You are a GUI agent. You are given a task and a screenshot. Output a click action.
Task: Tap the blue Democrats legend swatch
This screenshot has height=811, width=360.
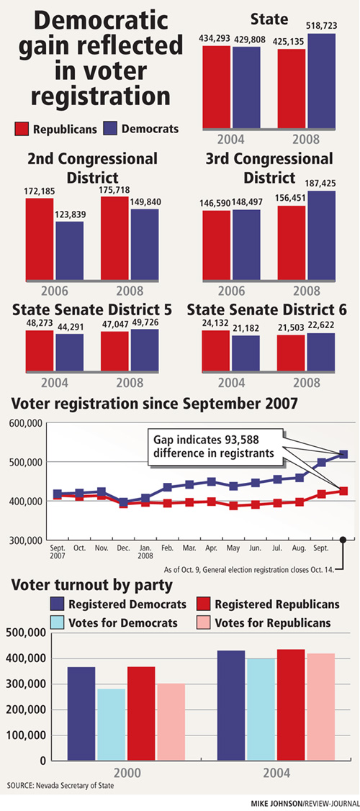(x=111, y=129)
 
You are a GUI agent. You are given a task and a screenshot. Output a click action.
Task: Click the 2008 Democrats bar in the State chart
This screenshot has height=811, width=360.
(x=320, y=80)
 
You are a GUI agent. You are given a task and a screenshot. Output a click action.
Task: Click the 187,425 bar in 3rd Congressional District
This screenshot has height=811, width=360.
(x=320, y=235)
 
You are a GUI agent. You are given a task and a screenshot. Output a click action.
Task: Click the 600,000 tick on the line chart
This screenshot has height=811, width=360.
(x=25, y=424)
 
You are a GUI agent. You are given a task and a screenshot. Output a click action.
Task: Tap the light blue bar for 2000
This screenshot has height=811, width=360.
(x=111, y=725)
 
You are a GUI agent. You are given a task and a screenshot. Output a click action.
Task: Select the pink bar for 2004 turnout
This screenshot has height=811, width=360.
(x=320, y=707)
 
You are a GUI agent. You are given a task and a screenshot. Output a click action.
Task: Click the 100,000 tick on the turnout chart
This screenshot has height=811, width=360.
(x=27, y=735)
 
